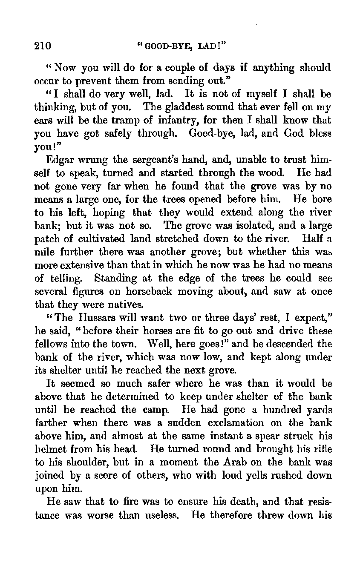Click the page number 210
[43, 46]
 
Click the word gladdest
[181, 107]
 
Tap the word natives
[127, 305]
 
